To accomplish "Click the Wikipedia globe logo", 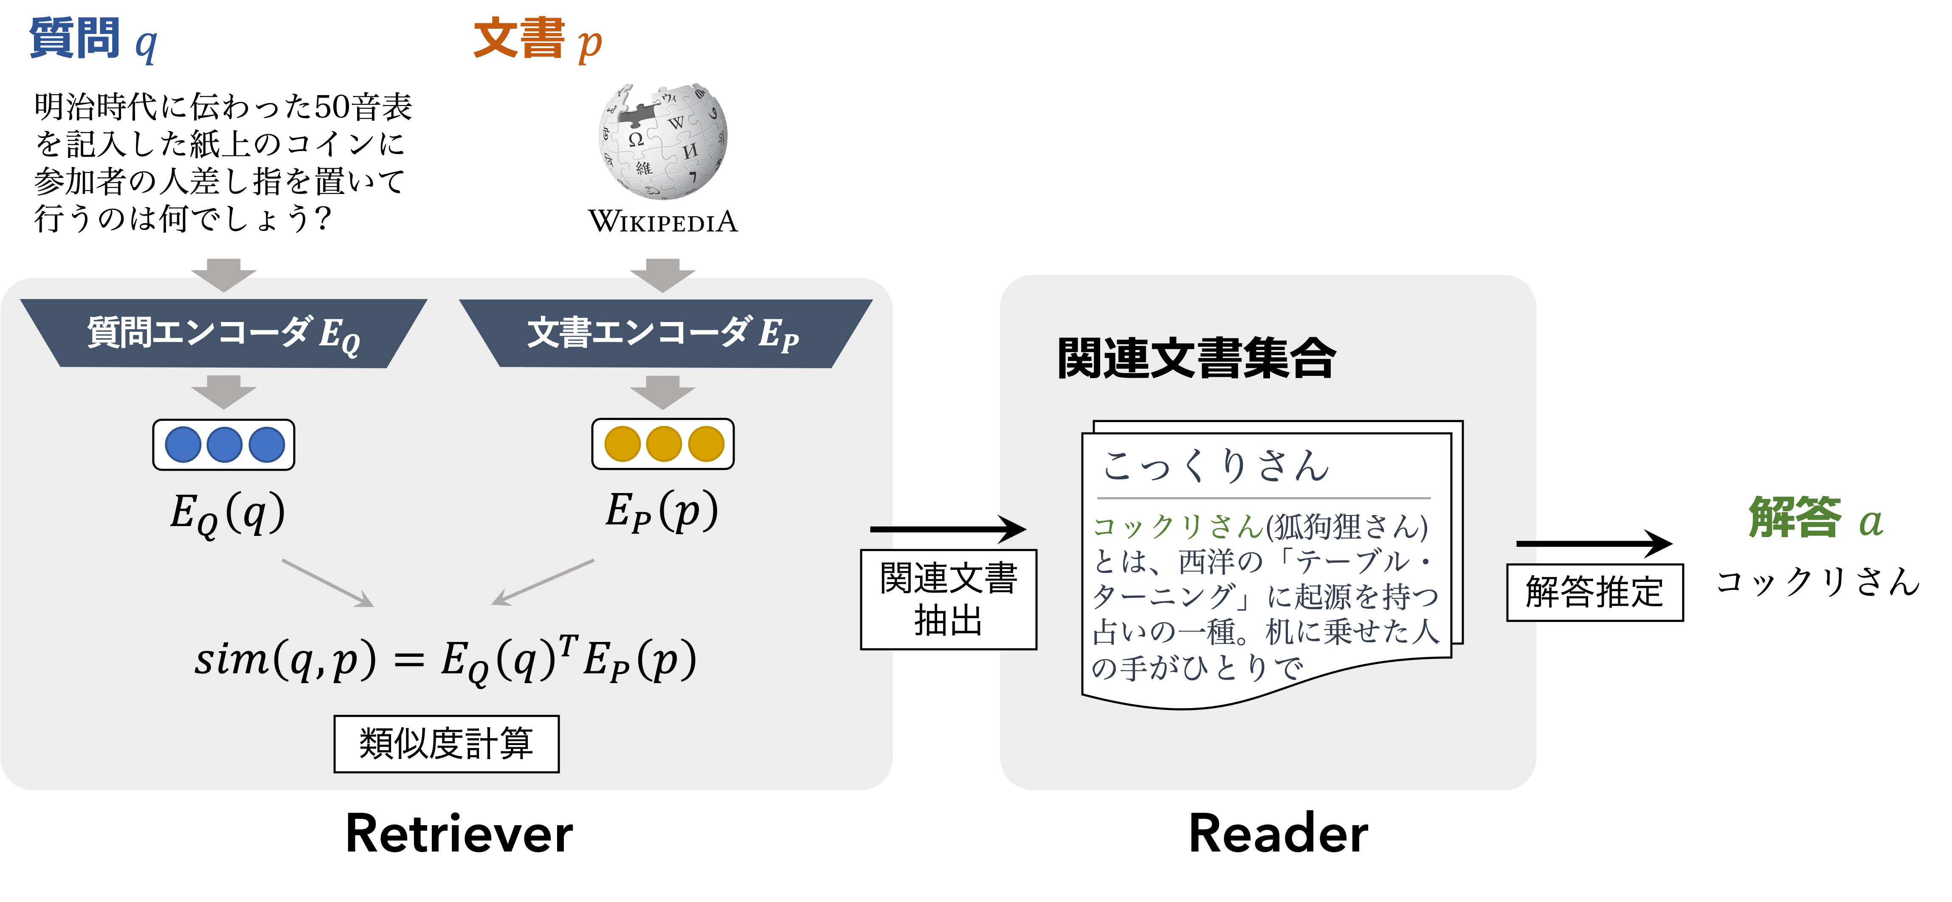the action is click(663, 142).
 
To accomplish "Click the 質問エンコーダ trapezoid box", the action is click(223, 333).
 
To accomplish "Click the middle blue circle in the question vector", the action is click(224, 445).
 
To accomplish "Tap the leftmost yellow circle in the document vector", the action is click(622, 444).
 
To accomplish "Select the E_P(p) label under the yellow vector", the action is click(661, 511).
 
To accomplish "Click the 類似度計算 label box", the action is click(446, 744).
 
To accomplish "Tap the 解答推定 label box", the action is click(1594, 592).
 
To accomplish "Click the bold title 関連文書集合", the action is click(1196, 358).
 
